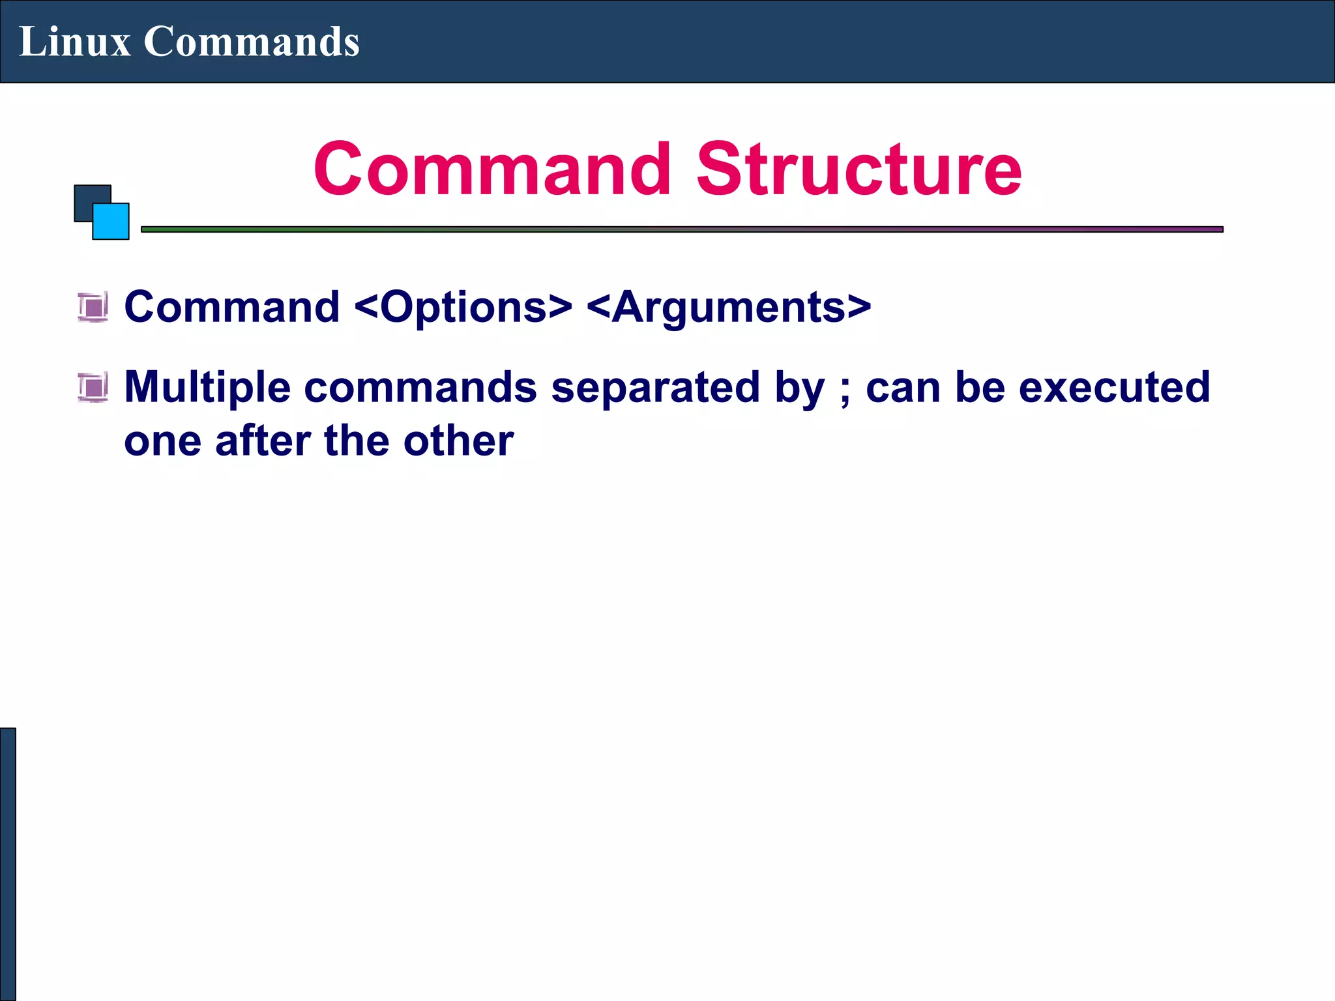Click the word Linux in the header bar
tap(74, 42)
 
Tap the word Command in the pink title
tap(492, 169)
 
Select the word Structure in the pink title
tap(858, 169)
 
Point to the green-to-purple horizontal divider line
tap(682, 229)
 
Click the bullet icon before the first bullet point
tap(93, 307)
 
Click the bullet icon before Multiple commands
tap(93, 387)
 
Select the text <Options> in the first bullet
tap(463, 307)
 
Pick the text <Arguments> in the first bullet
tap(729, 307)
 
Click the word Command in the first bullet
tap(232, 307)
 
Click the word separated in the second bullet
tap(655, 387)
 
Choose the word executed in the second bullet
tap(1114, 387)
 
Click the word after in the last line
tap(263, 441)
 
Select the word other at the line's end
tap(458, 441)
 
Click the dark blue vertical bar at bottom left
tap(7, 863)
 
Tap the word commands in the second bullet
tap(420, 387)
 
